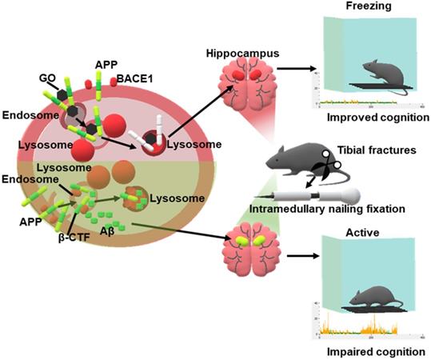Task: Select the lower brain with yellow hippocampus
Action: pyautogui.click(x=251, y=248)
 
